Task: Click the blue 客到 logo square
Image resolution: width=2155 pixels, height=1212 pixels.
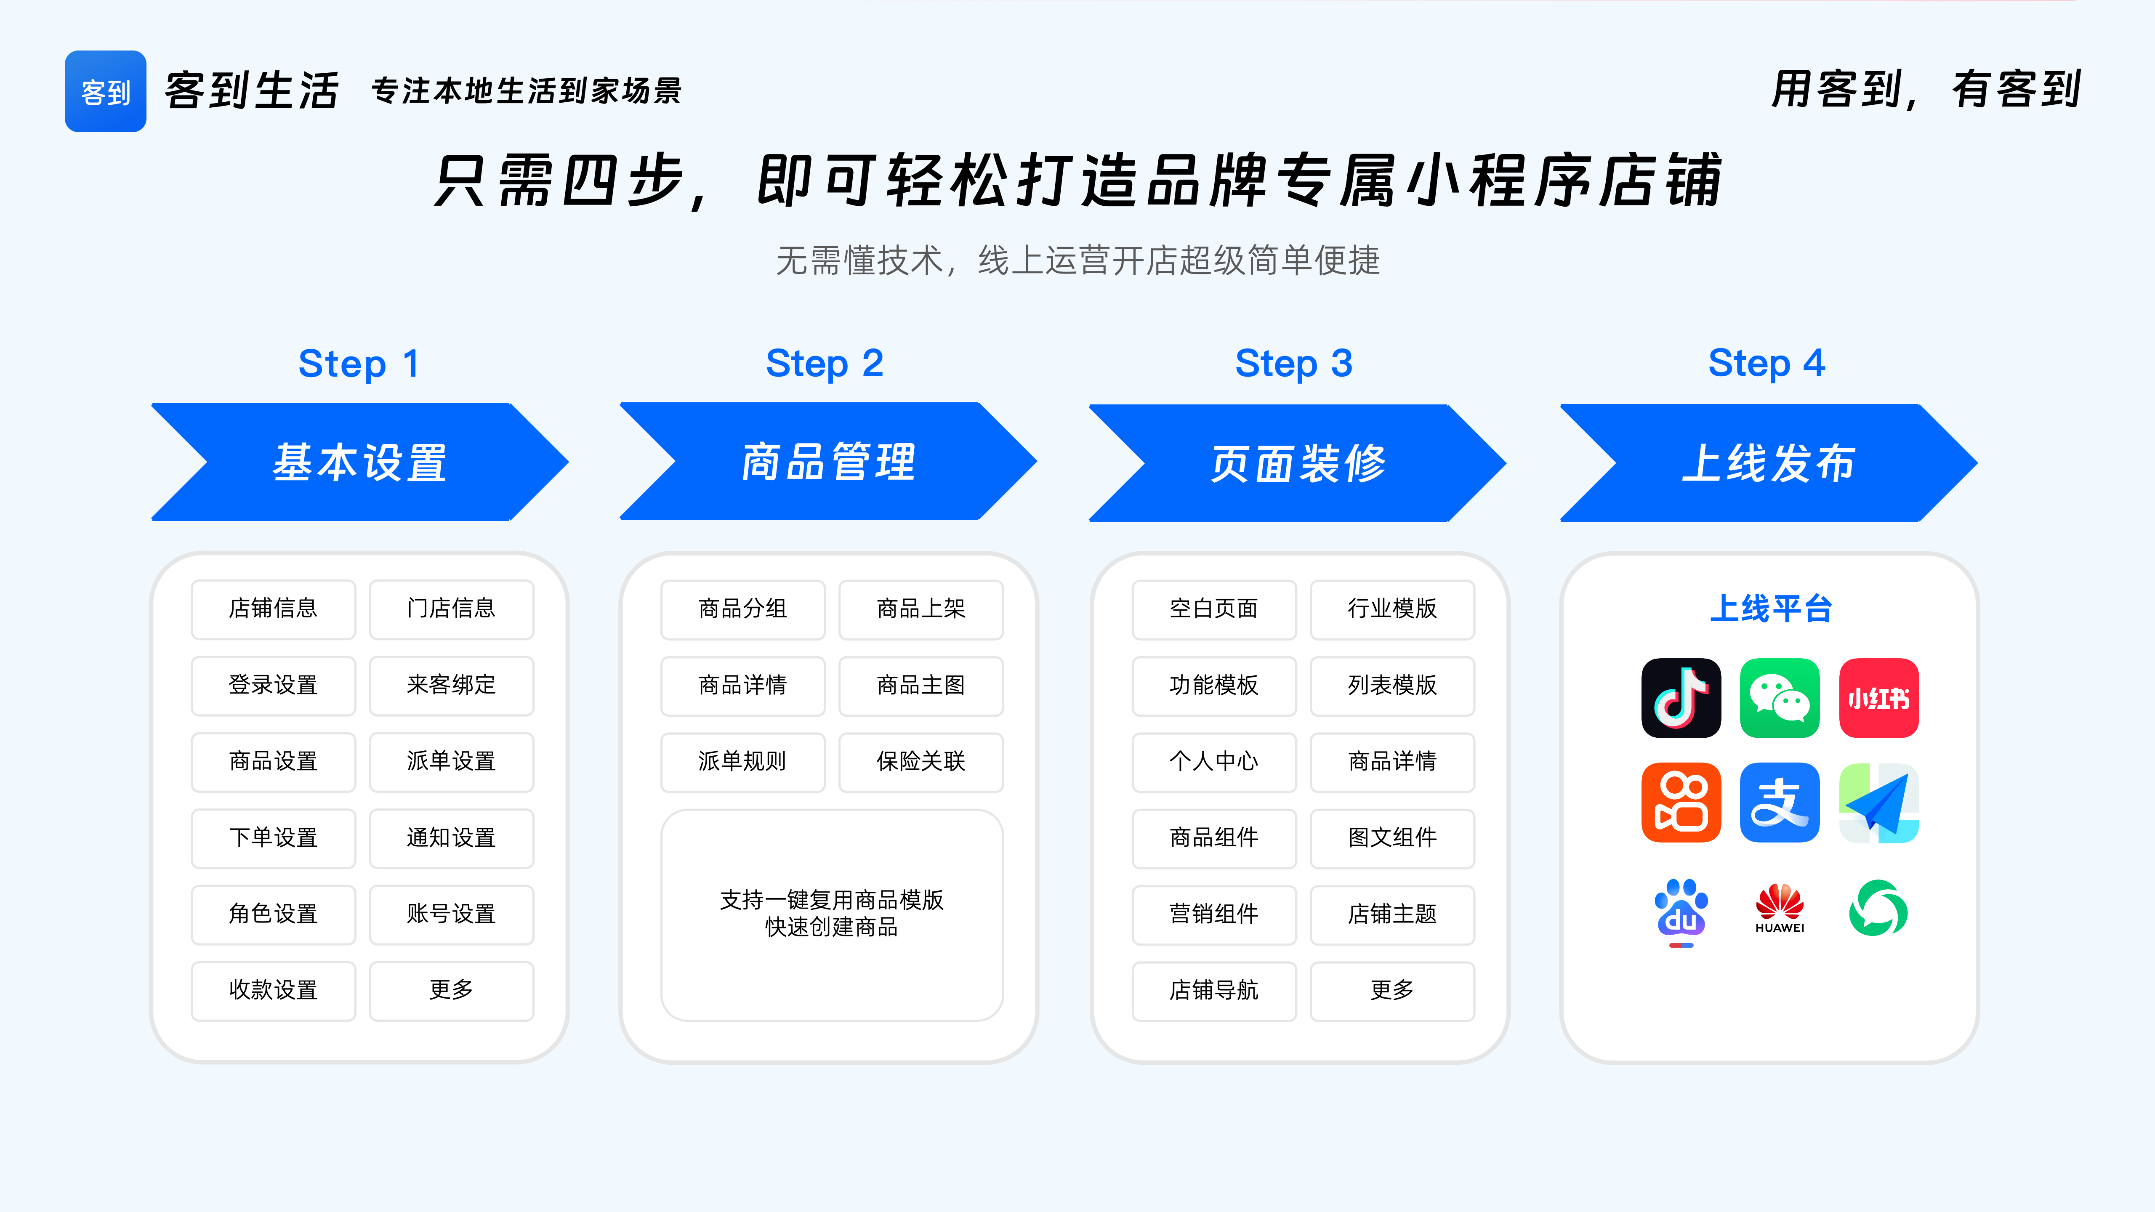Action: click(105, 91)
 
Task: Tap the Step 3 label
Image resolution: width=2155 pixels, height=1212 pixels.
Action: click(1293, 363)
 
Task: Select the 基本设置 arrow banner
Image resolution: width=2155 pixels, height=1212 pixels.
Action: click(360, 462)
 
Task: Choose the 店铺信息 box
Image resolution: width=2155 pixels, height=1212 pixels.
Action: click(274, 608)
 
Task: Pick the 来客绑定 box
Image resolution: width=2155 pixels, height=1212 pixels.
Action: click(451, 685)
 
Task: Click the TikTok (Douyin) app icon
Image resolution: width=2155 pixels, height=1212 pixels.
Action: click(1681, 698)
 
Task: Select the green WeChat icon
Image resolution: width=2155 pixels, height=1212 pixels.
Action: click(1780, 698)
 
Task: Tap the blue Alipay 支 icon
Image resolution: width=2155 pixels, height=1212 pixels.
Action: click(1780, 802)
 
